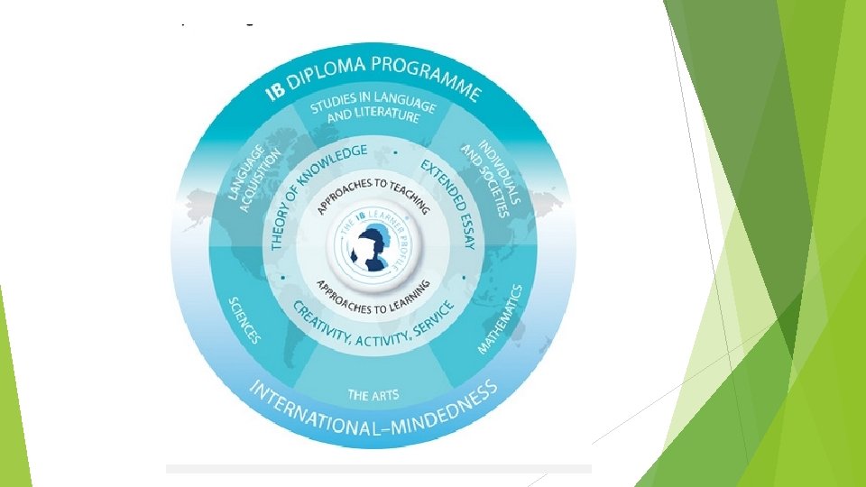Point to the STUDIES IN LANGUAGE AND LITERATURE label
click(x=372, y=110)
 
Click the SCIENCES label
click(x=245, y=319)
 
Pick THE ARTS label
click(x=373, y=393)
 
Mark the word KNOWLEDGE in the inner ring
click(x=333, y=165)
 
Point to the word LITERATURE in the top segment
click(x=386, y=116)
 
